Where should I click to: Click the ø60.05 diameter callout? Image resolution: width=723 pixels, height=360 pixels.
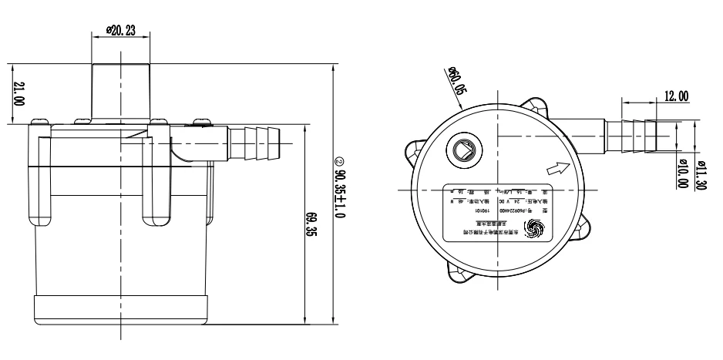pos(456,81)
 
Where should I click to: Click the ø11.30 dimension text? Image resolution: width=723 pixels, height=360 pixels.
pos(704,173)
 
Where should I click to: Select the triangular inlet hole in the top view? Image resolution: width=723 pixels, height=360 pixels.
pos(466,150)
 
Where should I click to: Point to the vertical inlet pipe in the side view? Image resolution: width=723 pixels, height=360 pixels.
pos(120,89)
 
